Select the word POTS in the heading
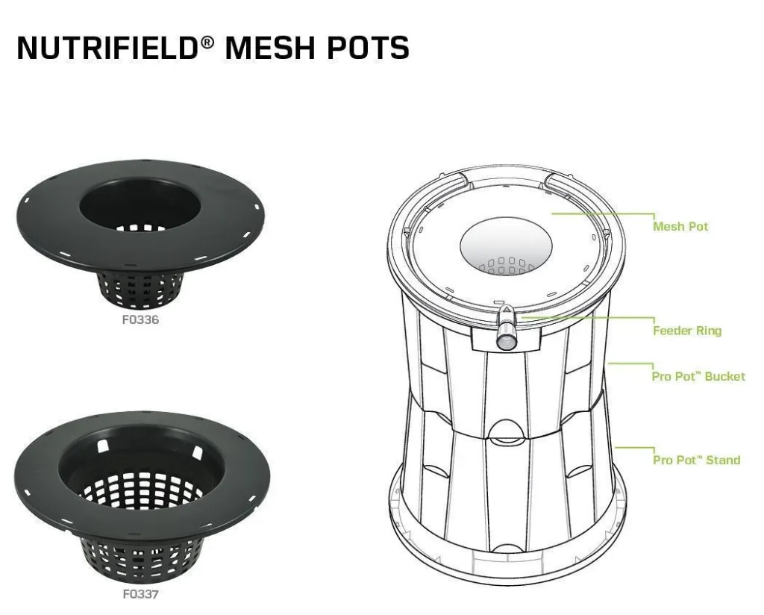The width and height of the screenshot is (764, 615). [x=372, y=47]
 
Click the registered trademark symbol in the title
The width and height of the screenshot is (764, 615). [x=207, y=40]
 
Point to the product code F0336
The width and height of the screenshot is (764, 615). [x=140, y=320]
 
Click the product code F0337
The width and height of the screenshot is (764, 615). [x=140, y=594]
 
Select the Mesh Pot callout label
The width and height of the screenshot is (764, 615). [x=680, y=226]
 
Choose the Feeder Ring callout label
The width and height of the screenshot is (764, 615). [x=687, y=331]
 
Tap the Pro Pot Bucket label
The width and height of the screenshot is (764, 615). [x=698, y=376]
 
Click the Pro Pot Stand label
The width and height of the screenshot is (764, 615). [x=696, y=460]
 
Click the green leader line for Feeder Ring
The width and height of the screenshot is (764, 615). [x=589, y=317]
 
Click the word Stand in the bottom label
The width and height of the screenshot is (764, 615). [x=723, y=460]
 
